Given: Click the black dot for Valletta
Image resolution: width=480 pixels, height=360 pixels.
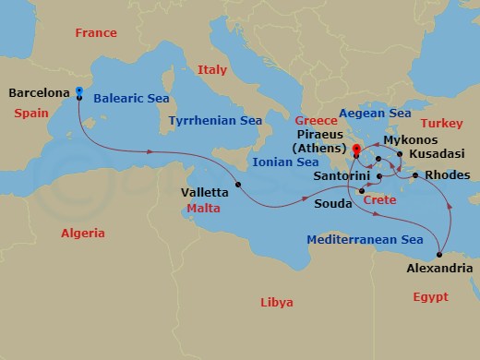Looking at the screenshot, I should point(238,185).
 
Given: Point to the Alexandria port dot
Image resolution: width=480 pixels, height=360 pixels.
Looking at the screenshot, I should point(440,255).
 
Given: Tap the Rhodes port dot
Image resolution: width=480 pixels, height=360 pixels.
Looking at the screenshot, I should point(415,175).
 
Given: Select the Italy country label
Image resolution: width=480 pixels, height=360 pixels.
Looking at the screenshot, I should point(211,69).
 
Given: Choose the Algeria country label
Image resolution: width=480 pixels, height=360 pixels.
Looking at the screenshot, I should point(83,234).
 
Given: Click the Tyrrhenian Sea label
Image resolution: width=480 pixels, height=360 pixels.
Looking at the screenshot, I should point(214,121).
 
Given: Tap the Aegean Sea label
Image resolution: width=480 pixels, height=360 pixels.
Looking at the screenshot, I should point(375,113).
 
